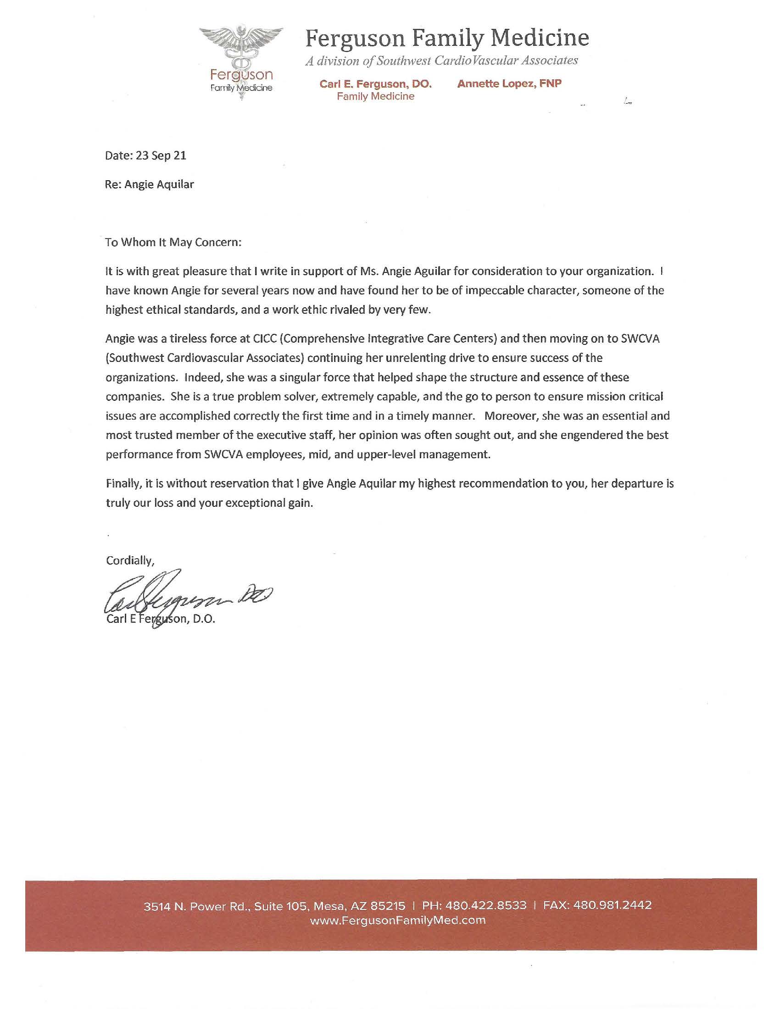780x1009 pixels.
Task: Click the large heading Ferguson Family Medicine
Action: point(446,38)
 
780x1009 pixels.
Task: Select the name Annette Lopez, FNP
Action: point(509,83)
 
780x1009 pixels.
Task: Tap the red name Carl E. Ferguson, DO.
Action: point(375,84)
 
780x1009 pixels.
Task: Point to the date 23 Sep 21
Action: point(161,155)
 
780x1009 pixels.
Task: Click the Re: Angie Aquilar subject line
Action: point(150,184)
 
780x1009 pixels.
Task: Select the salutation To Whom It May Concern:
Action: point(173,243)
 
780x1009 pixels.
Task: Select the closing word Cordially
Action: point(130,560)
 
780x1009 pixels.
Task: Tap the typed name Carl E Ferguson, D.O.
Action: point(161,619)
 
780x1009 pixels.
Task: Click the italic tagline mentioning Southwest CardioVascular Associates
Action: point(441,61)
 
